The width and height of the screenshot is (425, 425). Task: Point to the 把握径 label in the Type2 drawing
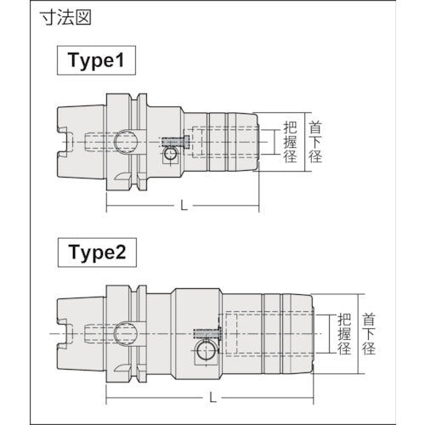click(343, 334)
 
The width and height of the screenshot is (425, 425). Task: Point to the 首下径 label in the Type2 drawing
click(371, 334)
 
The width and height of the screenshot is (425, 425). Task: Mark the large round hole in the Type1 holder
click(126, 140)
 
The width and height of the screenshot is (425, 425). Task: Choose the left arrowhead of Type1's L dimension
click(109, 205)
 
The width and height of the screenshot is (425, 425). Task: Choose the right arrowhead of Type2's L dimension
click(315, 395)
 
